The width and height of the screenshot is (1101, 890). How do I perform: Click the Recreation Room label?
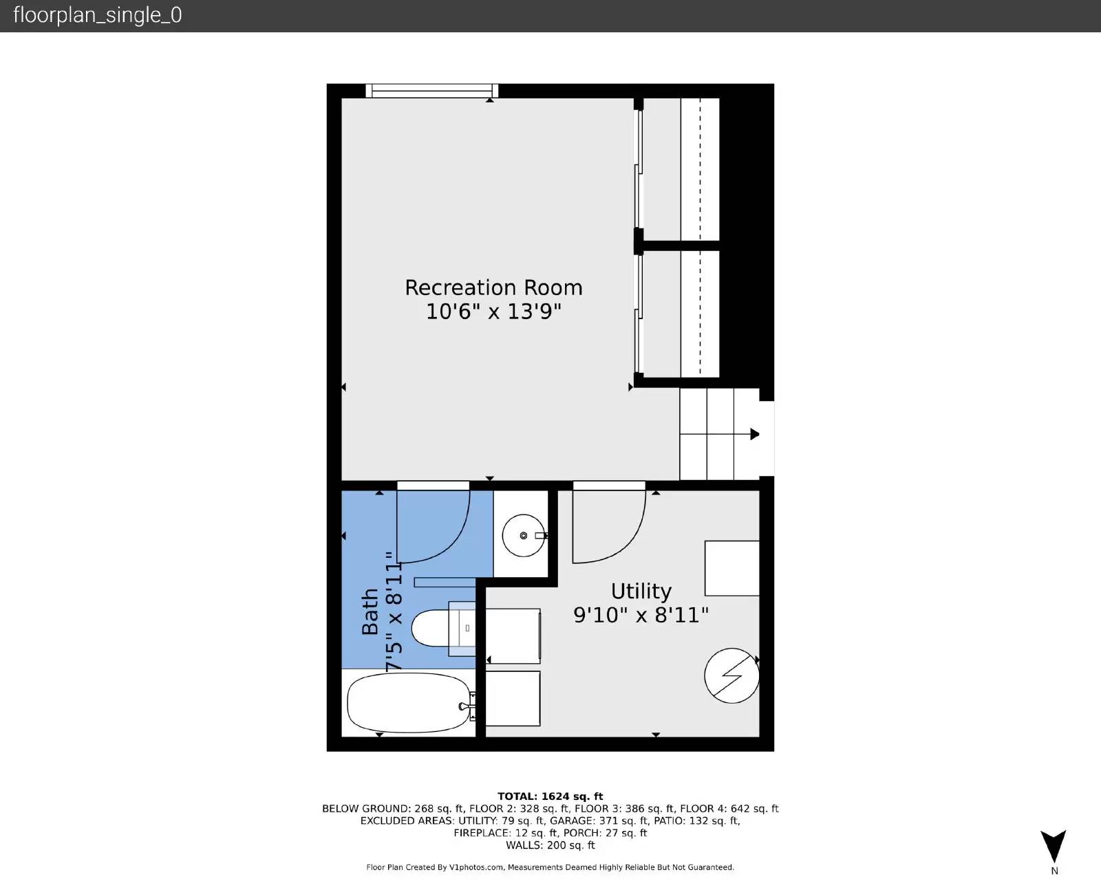[493, 287]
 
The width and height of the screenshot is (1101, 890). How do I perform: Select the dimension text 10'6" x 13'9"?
[493, 312]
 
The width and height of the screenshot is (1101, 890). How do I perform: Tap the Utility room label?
[641, 591]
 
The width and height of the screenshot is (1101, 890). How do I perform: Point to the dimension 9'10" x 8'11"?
[641, 614]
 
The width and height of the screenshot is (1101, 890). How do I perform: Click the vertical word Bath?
[370, 611]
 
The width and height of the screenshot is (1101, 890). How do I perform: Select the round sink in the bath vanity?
[523, 535]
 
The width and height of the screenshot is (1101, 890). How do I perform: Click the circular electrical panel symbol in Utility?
[731, 675]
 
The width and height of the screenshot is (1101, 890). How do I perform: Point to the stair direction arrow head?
[755, 434]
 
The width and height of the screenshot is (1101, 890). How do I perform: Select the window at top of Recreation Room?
[431, 90]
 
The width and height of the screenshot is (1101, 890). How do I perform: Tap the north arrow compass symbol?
[1053, 846]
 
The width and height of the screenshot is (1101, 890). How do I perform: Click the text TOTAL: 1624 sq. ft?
[550, 796]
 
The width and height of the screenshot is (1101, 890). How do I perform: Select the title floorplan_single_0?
[98, 15]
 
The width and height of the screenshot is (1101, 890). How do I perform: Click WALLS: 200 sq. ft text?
[550, 845]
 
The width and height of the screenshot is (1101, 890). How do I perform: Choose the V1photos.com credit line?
[550, 867]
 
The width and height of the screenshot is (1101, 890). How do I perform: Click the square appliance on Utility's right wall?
[731, 568]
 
